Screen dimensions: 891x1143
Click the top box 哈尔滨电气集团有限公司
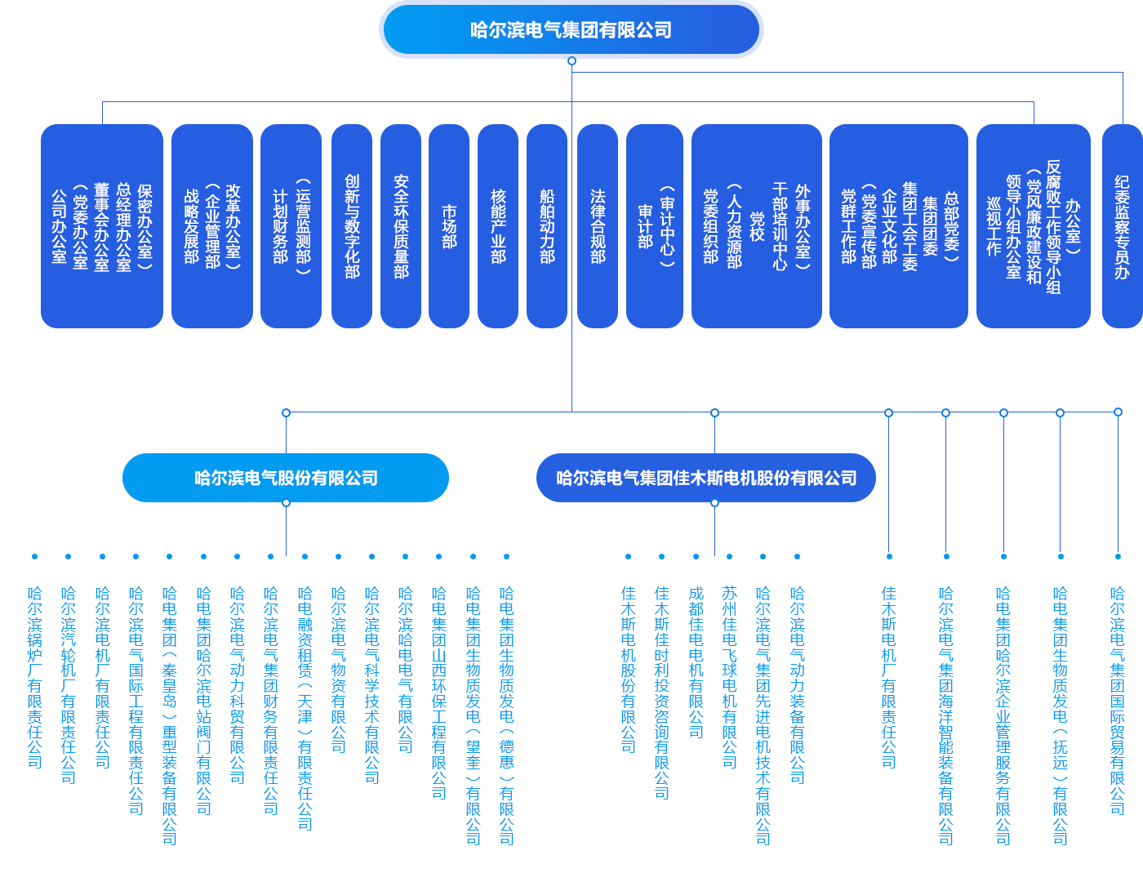pos(571,30)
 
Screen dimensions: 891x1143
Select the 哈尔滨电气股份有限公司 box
pos(285,478)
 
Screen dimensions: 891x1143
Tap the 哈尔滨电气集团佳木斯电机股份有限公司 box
pos(706,478)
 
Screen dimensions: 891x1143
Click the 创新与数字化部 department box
pos(352,226)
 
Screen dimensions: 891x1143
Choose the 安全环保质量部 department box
pos(401,226)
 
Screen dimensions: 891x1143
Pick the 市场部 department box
pos(449,226)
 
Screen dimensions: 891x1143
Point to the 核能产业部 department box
pos(498,226)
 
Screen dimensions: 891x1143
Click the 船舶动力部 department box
pos(547,226)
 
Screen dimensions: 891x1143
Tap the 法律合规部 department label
pos(598,226)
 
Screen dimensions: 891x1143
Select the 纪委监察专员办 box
pos(1123,226)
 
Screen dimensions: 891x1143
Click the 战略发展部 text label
pos(191,226)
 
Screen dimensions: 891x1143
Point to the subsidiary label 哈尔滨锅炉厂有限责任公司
pos(34,678)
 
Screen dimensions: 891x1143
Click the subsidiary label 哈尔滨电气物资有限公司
pos(338,670)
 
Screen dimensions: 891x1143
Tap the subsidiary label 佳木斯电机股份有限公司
pos(628,670)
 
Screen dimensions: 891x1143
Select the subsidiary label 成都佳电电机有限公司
pos(696,662)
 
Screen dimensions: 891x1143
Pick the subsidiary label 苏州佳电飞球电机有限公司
pos(729,678)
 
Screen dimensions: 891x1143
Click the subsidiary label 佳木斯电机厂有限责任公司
pos(888,678)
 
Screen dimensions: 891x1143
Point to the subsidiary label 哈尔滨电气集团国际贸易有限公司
pos(1117,700)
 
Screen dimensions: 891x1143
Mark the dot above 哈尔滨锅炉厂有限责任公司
pos(34,557)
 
